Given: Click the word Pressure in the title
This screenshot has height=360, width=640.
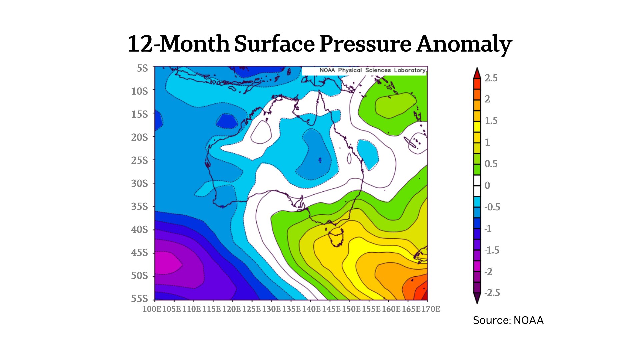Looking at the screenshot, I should click(365, 44).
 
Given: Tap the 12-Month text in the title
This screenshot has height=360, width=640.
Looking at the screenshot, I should click(179, 44).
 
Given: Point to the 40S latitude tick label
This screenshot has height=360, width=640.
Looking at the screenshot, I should click(139, 229).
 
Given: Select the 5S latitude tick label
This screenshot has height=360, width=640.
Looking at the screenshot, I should click(142, 68).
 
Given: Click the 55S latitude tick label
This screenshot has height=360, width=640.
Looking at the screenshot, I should click(139, 298).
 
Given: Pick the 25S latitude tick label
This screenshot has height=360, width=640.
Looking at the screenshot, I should click(139, 160).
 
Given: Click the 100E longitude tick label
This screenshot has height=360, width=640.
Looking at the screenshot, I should click(152, 309).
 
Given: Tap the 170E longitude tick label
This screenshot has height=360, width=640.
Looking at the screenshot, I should click(431, 309).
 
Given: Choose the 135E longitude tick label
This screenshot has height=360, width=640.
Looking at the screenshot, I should click(291, 309).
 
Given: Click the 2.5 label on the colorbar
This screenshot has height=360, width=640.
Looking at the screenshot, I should click(491, 78).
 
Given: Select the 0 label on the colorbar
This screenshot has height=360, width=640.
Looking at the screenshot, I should click(487, 185).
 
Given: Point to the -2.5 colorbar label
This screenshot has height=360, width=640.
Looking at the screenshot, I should click(492, 293).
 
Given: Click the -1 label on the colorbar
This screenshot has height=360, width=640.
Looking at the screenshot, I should click(488, 229).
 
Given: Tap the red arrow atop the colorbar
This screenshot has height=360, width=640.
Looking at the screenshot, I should click(477, 73).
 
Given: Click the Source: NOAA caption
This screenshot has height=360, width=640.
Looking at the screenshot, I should click(508, 320).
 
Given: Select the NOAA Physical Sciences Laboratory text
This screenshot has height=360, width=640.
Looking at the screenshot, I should click(372, 70).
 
